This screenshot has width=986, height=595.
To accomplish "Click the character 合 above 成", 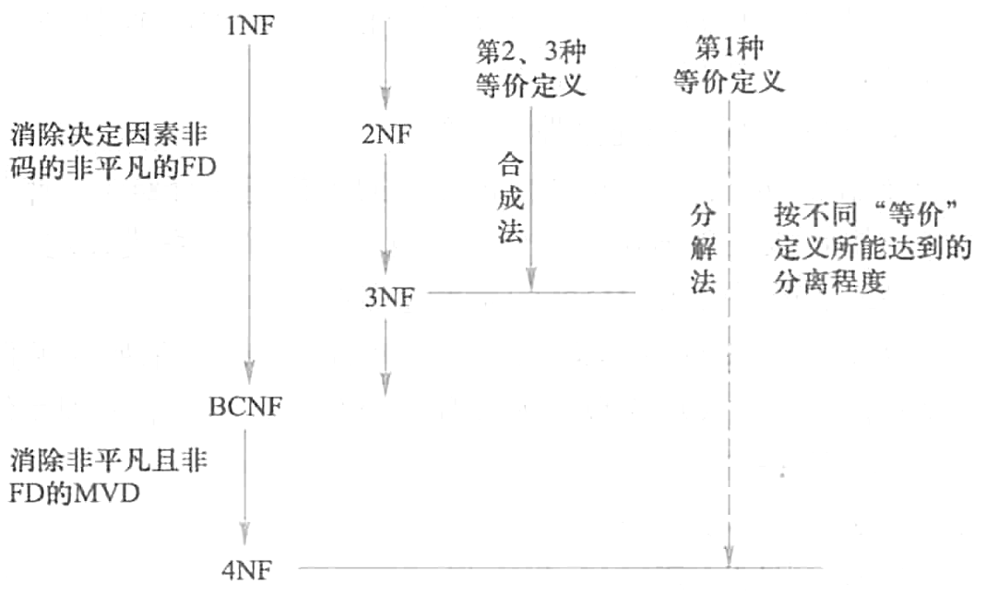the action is [x=510, y=168].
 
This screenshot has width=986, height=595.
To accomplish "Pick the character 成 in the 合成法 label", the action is [x=510, y=198].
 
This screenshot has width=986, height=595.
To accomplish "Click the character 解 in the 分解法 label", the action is [x=704, y=249].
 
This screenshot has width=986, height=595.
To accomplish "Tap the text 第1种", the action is [x=729, y=47].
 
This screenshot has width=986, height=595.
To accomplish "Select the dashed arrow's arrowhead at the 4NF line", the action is [x=729, y=556].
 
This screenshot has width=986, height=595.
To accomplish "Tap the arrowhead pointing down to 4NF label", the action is [x=245, y=533].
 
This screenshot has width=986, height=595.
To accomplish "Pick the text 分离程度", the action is [x=830, y=281].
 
